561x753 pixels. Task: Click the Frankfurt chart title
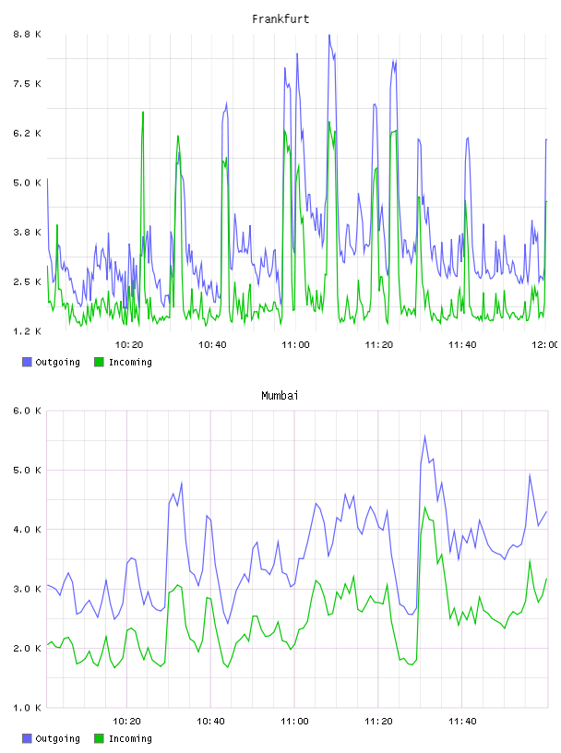tap(280, 19)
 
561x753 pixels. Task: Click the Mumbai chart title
tap(280, 396)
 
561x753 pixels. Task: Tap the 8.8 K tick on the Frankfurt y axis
tap(28, 34)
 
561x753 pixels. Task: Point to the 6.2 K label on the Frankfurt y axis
tap(28, 133)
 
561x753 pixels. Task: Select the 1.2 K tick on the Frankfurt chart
tap(28, 331)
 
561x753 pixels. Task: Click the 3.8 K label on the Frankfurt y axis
tap(28, 232)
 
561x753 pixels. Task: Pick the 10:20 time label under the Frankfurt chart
tap(129, 344)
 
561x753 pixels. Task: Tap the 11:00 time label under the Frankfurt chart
tap(295, 344)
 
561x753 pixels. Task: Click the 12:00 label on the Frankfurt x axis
tap(545, 344)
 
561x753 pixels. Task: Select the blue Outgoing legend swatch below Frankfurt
tap(27, 362)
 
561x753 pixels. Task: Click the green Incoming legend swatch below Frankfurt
tap(99, 362)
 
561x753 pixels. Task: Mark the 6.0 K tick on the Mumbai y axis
tap(28, 411)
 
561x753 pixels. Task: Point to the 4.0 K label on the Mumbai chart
tap(28, 529)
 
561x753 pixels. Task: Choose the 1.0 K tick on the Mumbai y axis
tap(28, 708)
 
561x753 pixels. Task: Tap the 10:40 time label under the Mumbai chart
tap(210, 721)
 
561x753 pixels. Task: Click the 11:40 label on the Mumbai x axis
tap(462, 721)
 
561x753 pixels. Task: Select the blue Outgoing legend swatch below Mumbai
tap(27, 738)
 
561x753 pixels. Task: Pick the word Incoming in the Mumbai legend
tap(130, 738)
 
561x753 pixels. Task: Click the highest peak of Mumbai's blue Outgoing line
tap(425, 436)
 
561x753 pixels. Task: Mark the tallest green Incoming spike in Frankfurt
tap(143, 113)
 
